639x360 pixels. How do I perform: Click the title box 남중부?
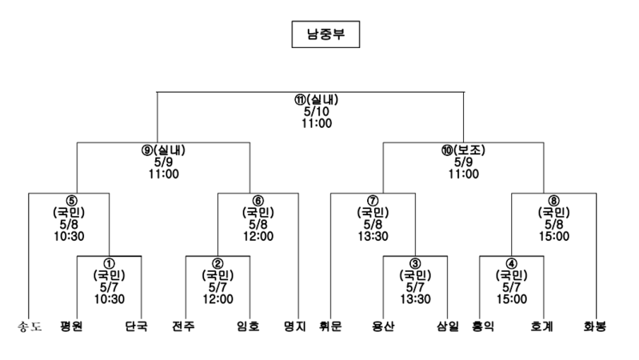325,34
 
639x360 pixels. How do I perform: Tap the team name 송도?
30,326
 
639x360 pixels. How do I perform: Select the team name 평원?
71,326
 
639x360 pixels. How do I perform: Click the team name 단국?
136,326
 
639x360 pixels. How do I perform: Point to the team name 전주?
183,326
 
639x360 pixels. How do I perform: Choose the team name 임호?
248,326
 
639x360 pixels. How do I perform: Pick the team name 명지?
294,326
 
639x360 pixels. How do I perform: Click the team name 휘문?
330,326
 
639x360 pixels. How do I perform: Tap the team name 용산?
383,326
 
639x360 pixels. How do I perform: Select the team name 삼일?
448,326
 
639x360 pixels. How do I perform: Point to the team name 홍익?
483,326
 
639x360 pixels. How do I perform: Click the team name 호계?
541,326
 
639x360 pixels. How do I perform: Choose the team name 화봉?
594,326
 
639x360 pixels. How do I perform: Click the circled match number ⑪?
301,100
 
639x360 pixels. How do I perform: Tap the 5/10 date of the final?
317,111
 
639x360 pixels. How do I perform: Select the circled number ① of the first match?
110,263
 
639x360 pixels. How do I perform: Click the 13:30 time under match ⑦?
373,236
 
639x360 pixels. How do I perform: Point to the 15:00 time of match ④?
512,299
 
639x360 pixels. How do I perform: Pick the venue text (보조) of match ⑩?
469,150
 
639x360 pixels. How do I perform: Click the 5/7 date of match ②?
218,287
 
